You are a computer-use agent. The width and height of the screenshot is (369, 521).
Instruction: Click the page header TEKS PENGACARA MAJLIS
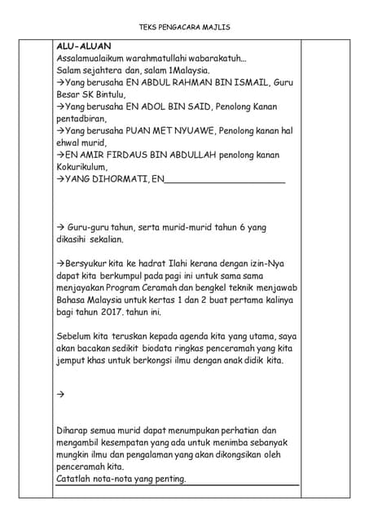click(x=184, y=28)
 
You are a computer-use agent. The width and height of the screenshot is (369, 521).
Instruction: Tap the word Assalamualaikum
click(x=96, y=59)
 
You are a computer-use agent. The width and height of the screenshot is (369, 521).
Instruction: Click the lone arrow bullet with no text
click(x=60, y=395)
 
